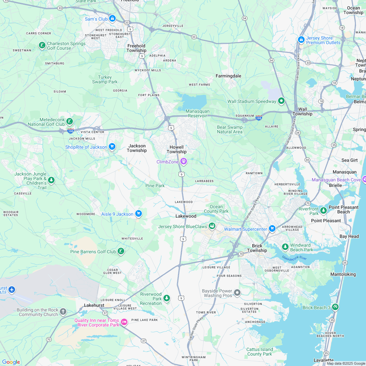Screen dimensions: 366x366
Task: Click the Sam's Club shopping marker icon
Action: [112, 19]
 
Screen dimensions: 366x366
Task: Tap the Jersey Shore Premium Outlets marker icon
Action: [301, 40]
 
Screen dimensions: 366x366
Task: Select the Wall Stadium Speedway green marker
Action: [281, 101]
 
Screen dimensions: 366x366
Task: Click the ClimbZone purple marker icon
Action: [184, 161]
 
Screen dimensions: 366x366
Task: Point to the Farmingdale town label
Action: [228, 76]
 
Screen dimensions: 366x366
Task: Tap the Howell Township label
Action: [176, 149]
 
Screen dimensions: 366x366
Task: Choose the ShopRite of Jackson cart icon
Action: [112, 146]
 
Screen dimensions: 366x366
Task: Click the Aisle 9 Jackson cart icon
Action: [139, 213]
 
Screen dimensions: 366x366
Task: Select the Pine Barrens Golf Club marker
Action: [121, 251]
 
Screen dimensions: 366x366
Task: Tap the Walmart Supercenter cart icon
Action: [272, 228]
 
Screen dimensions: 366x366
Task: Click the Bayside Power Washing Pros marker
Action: [237, 293]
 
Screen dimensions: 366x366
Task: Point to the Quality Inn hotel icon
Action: [124, 322]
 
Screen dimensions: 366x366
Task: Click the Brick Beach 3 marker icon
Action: [335, 307]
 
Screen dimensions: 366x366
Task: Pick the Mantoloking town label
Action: [343, 274]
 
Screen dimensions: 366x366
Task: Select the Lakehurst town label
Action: [94, 305]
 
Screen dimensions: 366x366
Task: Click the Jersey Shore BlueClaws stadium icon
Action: [212, 226]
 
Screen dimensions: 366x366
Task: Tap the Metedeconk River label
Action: [294, 258]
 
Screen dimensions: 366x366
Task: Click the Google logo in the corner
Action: [11, 362]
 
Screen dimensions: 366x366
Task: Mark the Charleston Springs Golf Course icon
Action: [42, 45]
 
